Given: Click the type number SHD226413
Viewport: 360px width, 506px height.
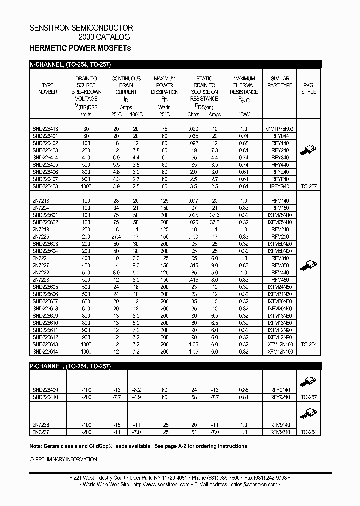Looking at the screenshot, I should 46,129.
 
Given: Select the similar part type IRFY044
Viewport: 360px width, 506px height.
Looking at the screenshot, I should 280,136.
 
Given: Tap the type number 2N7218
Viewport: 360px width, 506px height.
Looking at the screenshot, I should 41,200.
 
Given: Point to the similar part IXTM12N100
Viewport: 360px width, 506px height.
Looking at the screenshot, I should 280,345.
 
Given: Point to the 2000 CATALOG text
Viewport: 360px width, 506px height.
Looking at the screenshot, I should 104,37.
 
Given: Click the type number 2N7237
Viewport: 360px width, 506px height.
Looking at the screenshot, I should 41,431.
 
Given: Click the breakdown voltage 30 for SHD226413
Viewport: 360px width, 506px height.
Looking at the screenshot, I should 86,129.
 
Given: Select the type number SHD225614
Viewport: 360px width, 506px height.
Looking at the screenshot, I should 46,352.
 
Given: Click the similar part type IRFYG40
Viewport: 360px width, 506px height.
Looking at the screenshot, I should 280,186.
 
